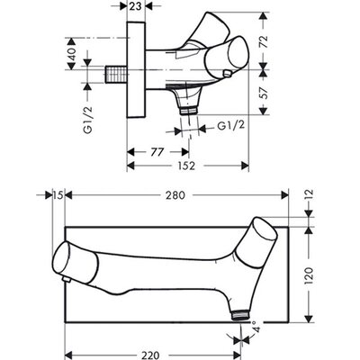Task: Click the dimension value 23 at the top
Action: [136, 6]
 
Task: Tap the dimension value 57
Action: [264, 92]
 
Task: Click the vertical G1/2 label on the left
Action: [88, 120]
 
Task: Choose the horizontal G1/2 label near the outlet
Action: [230, 126]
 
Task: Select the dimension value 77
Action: [157, 152]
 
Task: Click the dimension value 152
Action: [185, 166]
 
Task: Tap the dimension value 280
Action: [175, 195]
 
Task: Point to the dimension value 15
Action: [58, 195]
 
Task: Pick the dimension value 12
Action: [310, 195]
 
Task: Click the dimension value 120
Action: [310, 275]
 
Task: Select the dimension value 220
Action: [149, 355]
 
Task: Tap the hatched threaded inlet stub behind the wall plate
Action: [117, 74]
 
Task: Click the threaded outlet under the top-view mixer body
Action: [189, 111]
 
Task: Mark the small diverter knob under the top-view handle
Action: [227, 74]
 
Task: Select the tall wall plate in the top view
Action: [136, 69]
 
